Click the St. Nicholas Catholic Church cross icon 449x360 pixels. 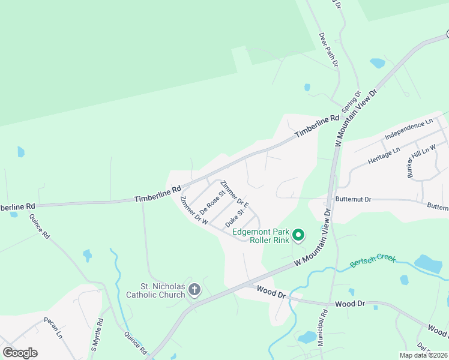[x=194, y=290]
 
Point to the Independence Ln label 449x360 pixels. [x=409, y=130]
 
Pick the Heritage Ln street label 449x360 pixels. [x=384, y=157]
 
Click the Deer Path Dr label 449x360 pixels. [x=329, y=50]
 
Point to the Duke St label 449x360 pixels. [x=235, y=218]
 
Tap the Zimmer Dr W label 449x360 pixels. [x=194, y=211]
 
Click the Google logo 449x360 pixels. [x=20, y=353]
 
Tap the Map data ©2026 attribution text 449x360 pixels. [x=423, y=355]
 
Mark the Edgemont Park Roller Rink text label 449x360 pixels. [x=261, y=235]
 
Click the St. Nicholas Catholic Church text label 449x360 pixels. [x=155, y=290]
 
